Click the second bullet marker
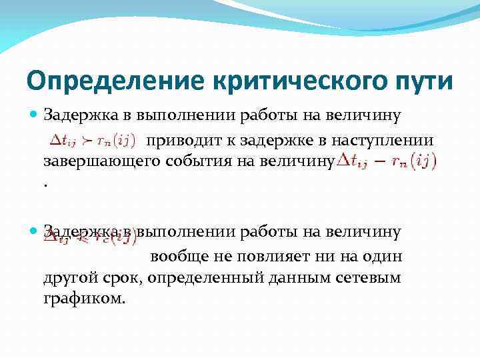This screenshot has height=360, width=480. [33, 232]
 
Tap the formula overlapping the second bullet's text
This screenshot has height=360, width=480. [90, 235]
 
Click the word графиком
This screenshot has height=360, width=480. [83, 298]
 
